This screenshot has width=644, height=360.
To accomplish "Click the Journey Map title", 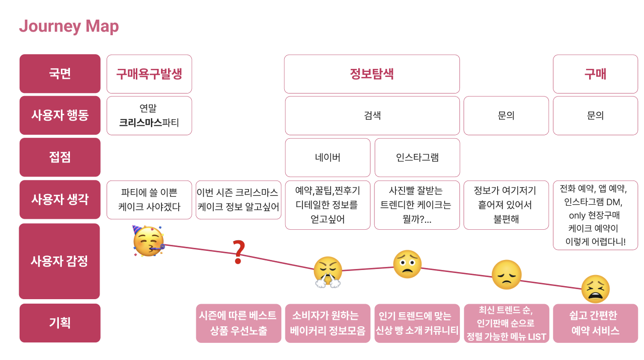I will point(69,26).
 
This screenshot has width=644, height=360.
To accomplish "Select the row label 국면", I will point(60,74).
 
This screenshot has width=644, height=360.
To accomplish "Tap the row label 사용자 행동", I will point(60,115).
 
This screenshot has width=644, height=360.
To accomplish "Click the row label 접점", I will point(60,157).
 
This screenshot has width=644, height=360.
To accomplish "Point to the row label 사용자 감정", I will point(59,261).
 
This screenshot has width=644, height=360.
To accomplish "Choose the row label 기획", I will point(60,323).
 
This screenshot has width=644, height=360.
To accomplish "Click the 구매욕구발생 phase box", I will point(149,74).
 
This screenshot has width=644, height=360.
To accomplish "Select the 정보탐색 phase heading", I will point(372,74).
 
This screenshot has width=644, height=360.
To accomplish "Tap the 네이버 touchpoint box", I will point(328,157).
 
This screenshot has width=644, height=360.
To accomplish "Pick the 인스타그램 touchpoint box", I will point(417,157).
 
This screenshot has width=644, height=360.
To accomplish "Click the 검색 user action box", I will point(372,115).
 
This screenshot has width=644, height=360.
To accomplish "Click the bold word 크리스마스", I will point(140,122).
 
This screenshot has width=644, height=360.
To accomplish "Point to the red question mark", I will point(238,252).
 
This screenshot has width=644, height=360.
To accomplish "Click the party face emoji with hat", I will point(147,242).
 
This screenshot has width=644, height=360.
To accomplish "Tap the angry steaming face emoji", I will point(328,272).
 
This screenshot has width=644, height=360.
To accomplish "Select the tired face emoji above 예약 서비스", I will point(595,289).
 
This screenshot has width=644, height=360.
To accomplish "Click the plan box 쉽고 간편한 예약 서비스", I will point(595,323).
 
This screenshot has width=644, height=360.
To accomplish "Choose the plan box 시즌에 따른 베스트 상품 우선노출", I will point(238,323).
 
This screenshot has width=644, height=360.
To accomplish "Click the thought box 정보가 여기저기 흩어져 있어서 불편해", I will point(506,205).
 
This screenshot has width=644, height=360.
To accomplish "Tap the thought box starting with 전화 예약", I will point(595,215).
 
